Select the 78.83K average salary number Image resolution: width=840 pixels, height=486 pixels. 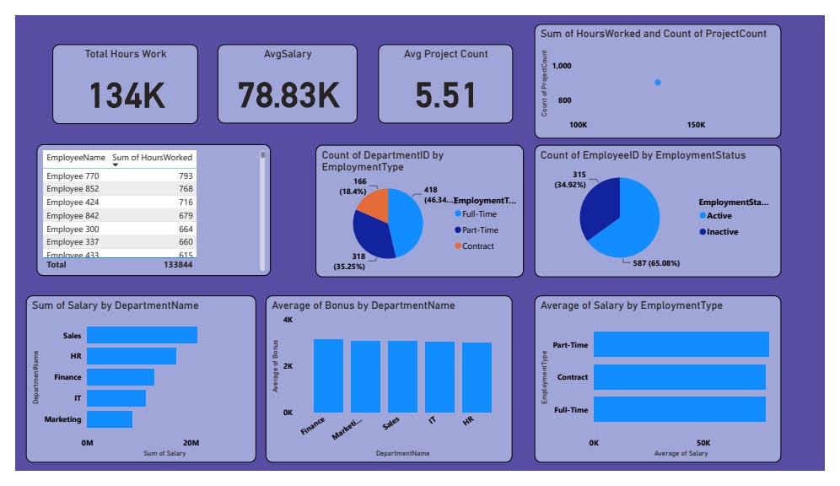(288, 95)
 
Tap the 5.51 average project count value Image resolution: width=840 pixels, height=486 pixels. (445, 95)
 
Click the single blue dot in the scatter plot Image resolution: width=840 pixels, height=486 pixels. (658, 82)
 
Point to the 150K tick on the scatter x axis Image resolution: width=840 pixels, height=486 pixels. (696, 125)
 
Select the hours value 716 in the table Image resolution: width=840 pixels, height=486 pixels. (186, 202)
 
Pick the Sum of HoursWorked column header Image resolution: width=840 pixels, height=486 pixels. (152, 158)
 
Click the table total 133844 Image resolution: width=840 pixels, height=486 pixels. (178, 264)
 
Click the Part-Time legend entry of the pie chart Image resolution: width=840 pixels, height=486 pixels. (478, 229)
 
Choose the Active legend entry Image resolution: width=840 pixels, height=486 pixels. (719, 216)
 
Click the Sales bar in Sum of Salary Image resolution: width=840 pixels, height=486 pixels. (142, 335)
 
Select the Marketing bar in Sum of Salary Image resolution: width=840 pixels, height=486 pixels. (110, 419)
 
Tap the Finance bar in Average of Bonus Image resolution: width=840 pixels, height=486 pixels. (328, 375)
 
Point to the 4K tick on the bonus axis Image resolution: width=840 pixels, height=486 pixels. (288, 321)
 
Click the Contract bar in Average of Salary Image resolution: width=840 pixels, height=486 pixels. (680, 377)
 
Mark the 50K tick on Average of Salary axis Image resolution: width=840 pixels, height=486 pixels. (703, 443)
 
